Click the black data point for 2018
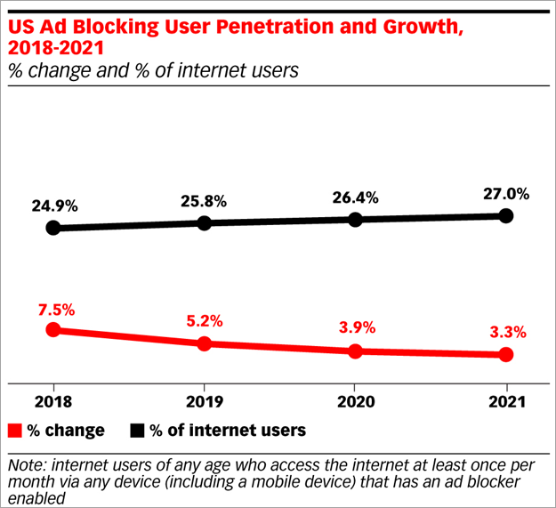click(52, 228)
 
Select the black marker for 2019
click(204, 222)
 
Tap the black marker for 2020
click(355, 219)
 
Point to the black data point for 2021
click(506, 215)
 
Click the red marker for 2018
click(52, 329)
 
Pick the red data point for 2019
click(204, 343)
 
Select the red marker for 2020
click(355, 351)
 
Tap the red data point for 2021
click(506, 355)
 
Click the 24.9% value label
click(52, 206)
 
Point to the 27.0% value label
click(506, 193)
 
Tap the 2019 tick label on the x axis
click(204, 400)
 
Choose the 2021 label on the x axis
click(506, 400)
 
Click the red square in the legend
click(14, 431)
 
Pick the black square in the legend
click(137, 431)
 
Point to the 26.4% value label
click(355, 196)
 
